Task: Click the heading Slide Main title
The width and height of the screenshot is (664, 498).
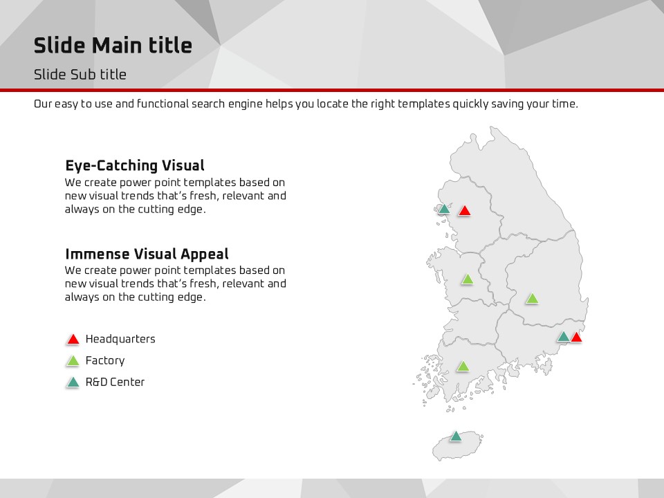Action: pos(113,46)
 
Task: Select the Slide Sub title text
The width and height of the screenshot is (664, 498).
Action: pos(80,75)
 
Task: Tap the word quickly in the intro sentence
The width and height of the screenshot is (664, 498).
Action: pos(470,104)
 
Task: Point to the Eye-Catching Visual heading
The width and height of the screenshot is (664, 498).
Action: pos(135,165)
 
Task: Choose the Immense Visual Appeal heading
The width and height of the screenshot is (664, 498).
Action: pos(147,254)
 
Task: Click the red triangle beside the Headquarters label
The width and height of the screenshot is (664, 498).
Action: pos(73,339)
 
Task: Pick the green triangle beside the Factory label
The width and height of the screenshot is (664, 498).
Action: pos(73,360)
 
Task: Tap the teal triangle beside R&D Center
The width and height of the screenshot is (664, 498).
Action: pos(73,382)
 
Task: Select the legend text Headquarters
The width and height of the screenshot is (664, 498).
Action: pos(120,339)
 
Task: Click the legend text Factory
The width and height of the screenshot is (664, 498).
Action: pos(105,360)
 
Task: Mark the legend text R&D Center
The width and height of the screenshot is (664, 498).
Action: pos(116,382)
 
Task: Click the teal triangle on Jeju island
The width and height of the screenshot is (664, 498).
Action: pos(456,436)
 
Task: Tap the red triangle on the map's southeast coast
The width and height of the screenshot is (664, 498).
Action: pos(576,337)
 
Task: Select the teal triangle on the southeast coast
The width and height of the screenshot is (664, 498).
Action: pos(563,337)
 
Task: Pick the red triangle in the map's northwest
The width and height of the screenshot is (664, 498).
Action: pos(465,210)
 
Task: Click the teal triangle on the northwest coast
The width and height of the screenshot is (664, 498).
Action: pos(444,208)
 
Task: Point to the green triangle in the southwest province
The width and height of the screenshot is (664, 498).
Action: pos(463,367)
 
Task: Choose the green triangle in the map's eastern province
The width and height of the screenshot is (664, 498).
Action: pos(532,299)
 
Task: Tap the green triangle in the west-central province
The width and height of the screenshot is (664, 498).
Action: pos(468,279)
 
